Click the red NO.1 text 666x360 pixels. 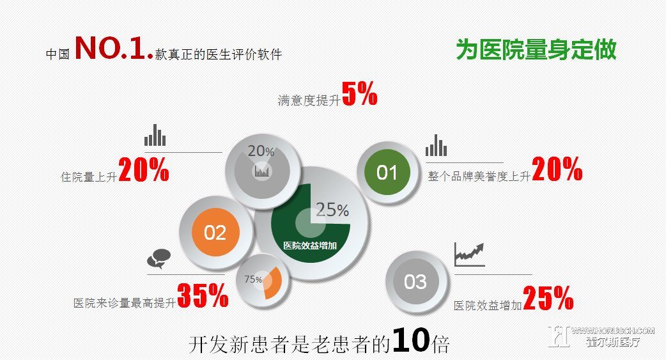point(114,47)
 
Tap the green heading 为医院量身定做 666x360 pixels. point(536,50)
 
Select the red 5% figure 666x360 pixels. point(360,93)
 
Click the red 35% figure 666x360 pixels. point(203,295)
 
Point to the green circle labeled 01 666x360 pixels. point(387,172)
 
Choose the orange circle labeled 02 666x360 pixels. point(215,233)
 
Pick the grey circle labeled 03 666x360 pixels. point(415,282)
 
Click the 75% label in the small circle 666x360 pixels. point(253,279)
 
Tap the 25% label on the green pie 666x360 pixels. point(332,210)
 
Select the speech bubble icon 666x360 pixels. point(159,259)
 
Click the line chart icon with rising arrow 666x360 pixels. point(469,254)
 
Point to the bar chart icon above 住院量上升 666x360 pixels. point(155,135)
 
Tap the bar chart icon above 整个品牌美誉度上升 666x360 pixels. point(436,145)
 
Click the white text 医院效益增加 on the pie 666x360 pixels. point(310,246)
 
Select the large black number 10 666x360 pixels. point(411,340)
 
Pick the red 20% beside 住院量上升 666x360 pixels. point(144,169)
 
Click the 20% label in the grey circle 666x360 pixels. point(261,151)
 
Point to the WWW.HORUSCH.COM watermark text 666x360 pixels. point(612,330)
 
